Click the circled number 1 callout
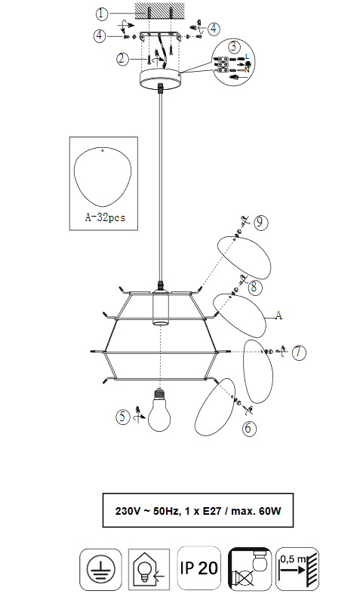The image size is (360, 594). point(102,14)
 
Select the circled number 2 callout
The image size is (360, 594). point(122,59)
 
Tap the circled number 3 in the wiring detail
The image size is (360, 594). point(234,47)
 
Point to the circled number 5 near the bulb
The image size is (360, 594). point(122,417)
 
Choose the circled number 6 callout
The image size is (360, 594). point(248,428)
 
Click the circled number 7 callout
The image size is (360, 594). point(299,352)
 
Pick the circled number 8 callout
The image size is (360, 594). point(254,288)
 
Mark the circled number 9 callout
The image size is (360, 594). point(260,222)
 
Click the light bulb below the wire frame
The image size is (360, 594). point(159,411)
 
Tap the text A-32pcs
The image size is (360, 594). point(105,217)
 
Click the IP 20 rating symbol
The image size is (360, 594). point(199,568)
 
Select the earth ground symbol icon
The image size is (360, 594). point(101,569)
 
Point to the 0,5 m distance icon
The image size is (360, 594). point(297,569)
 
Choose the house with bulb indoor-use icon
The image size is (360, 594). point(149,569)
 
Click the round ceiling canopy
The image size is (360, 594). point(160,78)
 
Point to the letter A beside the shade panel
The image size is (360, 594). point(278,315)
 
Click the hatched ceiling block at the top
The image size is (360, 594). point(160,11)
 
